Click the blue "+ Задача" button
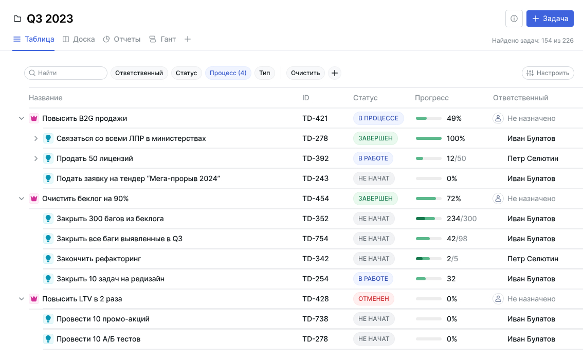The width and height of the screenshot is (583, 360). (x=550, y=19)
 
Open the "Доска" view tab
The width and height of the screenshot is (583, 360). (x=79, y=39)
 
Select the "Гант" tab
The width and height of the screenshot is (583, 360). (x=162, y=39)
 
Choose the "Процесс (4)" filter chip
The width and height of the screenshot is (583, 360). (x=228, y=73)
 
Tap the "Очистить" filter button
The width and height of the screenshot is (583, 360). (x=305, y=73)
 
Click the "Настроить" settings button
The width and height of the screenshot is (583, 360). (x=548, y=73)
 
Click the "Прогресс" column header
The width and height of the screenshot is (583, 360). (x=431, y=98)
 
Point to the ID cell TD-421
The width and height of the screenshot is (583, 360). (x=315, y=118)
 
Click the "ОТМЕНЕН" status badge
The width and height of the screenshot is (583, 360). (x=374, y=299)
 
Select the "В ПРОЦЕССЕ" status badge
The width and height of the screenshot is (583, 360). (x=378, y=118)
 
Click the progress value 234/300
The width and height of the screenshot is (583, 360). (x=461, y=219)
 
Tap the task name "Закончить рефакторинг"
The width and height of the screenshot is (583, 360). (x=99, y=259)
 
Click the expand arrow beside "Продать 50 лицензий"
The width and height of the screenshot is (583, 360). (x=36, y=158)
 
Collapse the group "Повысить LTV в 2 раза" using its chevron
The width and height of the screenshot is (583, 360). (x=22, y=299)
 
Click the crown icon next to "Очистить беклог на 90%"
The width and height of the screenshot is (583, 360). (x=34, y=199)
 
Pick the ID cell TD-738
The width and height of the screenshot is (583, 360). (x=315, y=319)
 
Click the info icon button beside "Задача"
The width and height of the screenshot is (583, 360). (x=514, y=19)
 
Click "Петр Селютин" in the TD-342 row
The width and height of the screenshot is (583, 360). (x=533, y=259)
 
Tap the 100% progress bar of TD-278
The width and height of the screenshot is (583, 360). (x=428, y=138)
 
